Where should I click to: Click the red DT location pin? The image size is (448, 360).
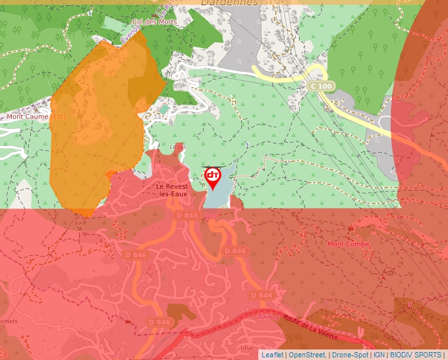pyautogui.click(x=212, y=176)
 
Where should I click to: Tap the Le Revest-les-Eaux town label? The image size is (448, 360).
pyautogui.click(x=172, y=190)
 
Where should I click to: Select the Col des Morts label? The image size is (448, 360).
pyautogui.click(x=155, y=22)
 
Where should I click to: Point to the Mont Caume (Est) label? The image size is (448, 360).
pyautogui.click(x=36, y=117)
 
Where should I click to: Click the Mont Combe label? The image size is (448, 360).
pyautogui.click(x=349, y=244)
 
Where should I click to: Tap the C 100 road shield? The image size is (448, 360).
pyautogui.click(x=322, y=86)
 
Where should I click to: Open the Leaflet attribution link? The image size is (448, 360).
pyautogui.click(x=273, y=355)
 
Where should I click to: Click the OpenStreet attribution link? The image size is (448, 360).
pyautogui.click(x=308, y=355)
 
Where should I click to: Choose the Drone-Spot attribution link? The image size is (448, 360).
pyautogui.click(x=350, y=355)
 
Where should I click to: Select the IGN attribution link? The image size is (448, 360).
pyautogui.click(x=379, y=355)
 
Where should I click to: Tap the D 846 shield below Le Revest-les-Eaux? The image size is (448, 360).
pyautogui.click(x=188, y=215)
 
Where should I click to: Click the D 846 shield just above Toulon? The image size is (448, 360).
pyautogui.click(x=262, y=296)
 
